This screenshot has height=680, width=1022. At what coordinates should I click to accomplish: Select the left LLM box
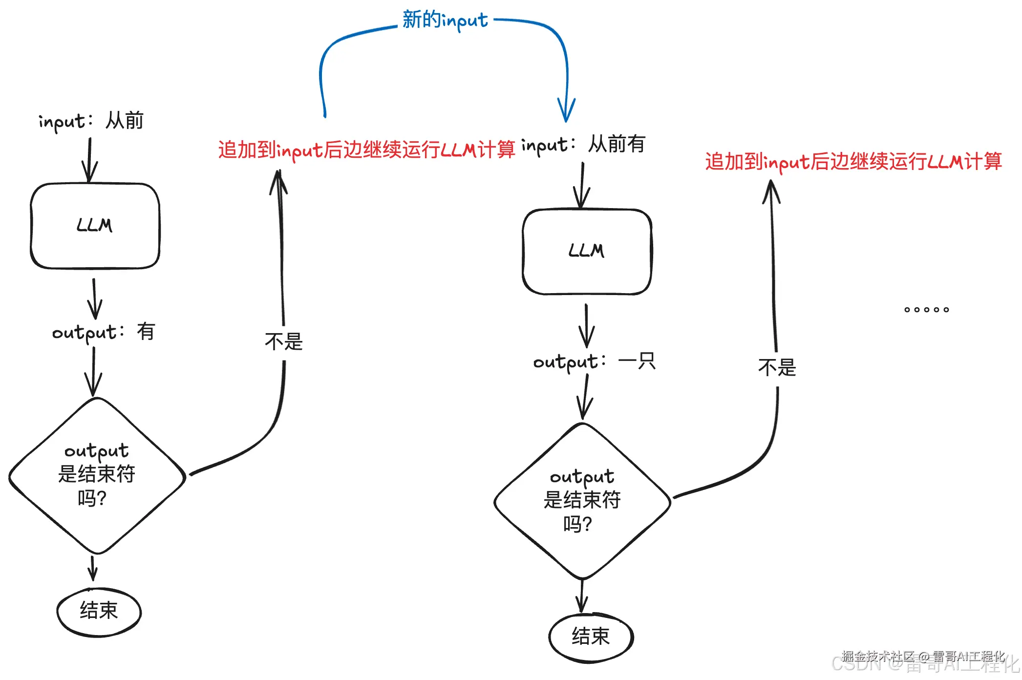[95, 226]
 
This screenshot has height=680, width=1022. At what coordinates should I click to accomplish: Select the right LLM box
[587, 252]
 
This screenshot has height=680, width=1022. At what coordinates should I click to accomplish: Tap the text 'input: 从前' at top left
[91, 121]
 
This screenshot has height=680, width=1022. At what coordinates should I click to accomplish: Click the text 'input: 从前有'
[583, 145]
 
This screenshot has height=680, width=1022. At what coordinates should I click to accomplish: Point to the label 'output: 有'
[104, 332]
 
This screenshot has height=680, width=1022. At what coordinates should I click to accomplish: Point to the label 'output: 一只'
[594, 362]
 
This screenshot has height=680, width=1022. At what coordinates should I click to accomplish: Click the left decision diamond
[97, 475]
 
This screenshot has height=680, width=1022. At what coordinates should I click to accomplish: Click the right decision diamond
[582, 501]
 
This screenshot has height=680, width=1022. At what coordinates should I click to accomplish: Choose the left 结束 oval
[99, 611]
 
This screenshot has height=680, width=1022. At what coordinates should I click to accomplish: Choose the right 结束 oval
[591, 637]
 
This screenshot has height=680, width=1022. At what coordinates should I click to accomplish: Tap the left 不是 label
[284, 341]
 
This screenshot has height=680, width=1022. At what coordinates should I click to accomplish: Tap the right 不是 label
[777, 367]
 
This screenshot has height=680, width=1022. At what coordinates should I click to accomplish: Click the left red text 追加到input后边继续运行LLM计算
[366, 150]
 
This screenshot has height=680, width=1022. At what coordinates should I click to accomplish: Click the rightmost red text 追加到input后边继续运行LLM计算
[853, 162]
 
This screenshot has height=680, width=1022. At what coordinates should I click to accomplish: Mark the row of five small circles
[926, 310]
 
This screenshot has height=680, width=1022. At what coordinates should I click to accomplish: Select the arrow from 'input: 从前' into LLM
[89, 160]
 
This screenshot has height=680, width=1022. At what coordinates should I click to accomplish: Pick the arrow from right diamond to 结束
[581, 596]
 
